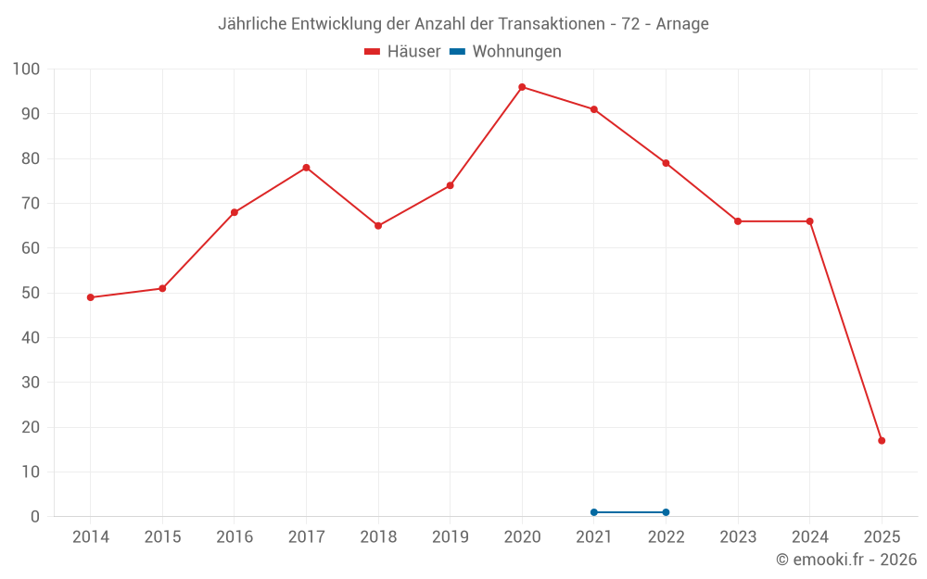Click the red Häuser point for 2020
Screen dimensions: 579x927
pos(522,87)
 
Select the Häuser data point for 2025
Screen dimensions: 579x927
pos(882,441)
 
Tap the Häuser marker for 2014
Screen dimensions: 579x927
pos(90,297)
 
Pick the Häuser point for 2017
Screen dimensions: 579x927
pos(306,168)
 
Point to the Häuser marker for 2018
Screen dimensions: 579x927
pos(378,226)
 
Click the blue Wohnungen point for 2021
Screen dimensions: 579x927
pos(594,512)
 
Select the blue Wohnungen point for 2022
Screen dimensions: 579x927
pos(666,512)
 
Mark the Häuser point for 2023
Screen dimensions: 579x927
pos(738,221)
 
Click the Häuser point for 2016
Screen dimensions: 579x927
pos(235,212)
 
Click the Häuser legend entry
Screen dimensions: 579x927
pos(402,52)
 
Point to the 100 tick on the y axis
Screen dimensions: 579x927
pos(27,69)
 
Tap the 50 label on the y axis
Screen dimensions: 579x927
pos(31,293)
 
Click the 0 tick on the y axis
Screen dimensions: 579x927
pos(35,517)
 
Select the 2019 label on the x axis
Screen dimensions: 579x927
pos(450,537)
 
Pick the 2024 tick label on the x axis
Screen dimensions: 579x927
pos(809,537)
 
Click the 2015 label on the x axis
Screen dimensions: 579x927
pos(162,537)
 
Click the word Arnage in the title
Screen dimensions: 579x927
pos(682,24)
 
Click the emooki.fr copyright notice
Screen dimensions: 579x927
pos(845,560)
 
